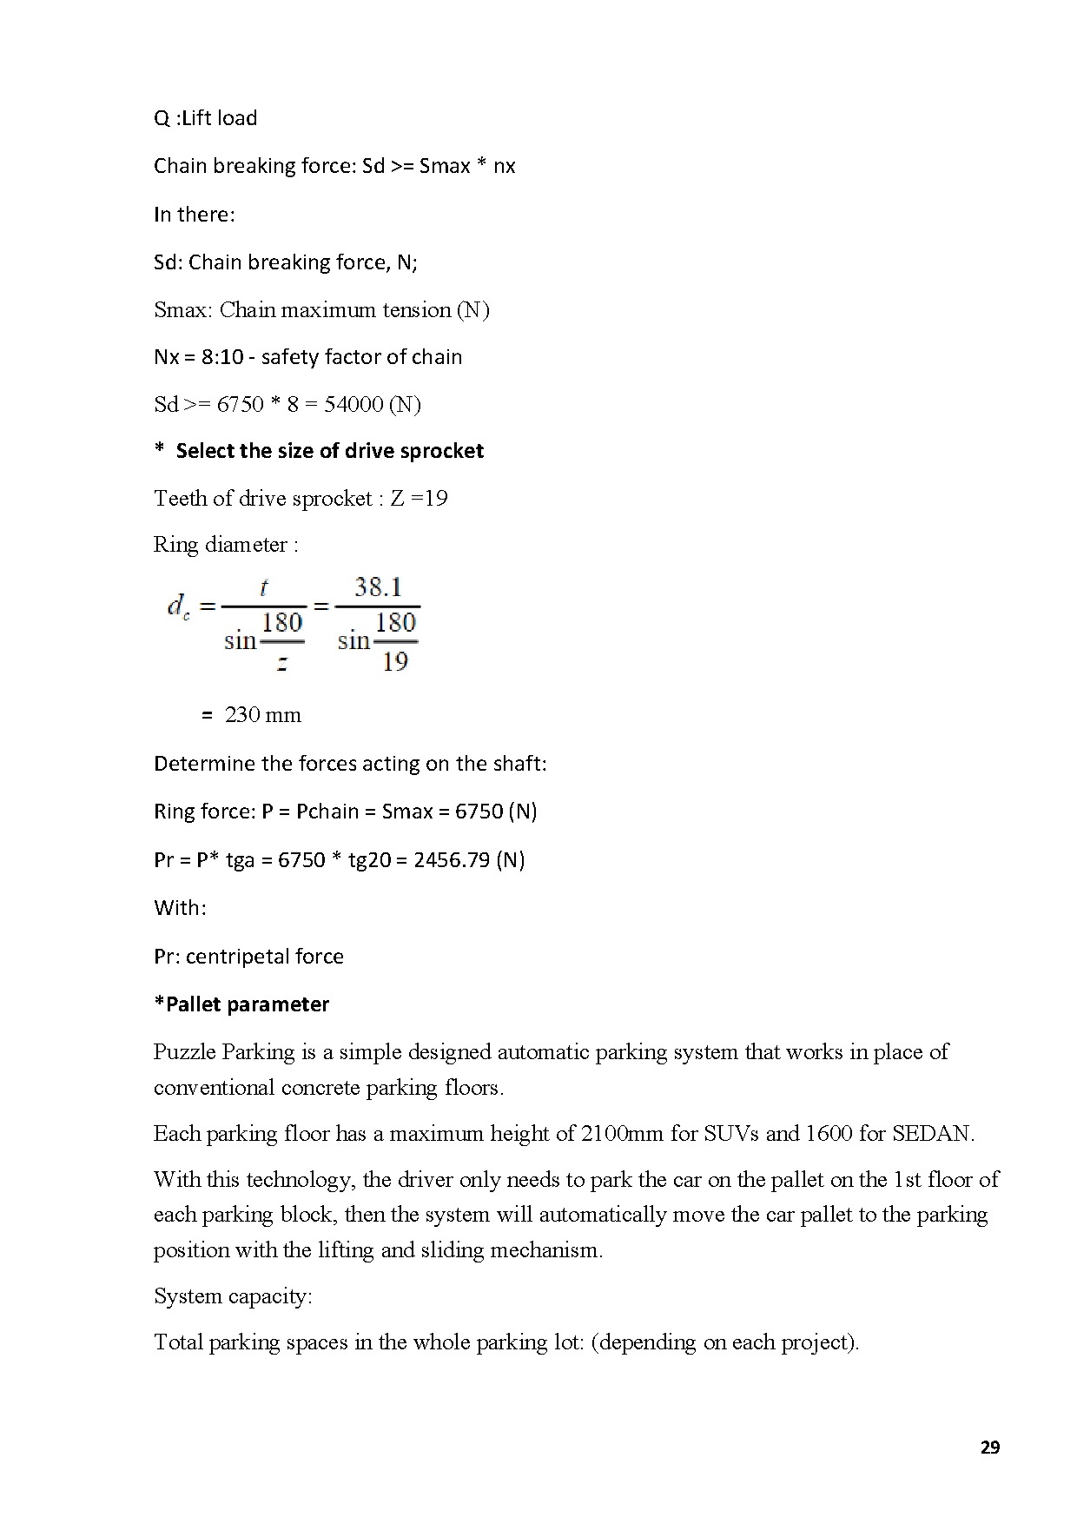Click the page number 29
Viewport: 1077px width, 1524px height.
(989, 1448)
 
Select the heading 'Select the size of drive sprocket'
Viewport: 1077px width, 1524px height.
(329, 451)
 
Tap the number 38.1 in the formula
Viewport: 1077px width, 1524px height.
(378, 587)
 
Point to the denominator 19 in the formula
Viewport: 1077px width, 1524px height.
(394, 662)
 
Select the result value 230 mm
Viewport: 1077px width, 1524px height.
(262, 715)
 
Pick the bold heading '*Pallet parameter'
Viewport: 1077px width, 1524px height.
(241, 1004)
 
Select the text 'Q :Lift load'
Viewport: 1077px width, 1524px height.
(206, 118)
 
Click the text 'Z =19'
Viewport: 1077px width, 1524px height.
(419, 499)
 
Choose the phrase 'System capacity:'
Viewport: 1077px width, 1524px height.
(233, 1296)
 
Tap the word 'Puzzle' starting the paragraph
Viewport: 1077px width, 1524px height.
(184, 1052)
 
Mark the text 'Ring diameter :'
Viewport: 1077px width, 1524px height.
(226, 545)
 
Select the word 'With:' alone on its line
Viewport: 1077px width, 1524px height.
(180, 908)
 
